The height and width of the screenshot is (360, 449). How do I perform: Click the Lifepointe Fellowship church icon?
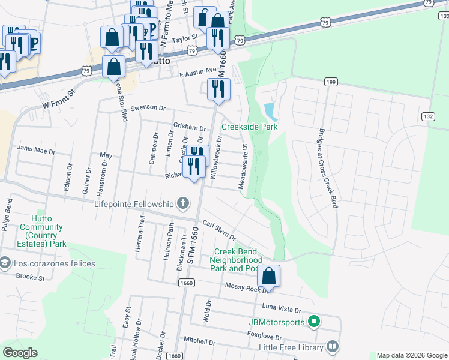(182, 205)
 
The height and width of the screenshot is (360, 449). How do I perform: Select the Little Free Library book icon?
(332, 347)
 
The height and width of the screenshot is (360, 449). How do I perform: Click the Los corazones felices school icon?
(5, 263)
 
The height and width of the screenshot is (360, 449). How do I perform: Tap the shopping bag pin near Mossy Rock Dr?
(269, 276)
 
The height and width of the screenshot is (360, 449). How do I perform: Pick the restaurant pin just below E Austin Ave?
(218, 89)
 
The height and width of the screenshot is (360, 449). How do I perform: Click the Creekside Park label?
(250, 127)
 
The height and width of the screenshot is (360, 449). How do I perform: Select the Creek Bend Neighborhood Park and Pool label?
(236, 260)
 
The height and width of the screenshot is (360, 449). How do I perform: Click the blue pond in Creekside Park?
(270, 110)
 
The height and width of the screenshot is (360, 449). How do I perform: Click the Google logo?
(20, 353)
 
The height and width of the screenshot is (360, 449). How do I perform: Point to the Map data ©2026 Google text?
(411, 355)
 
